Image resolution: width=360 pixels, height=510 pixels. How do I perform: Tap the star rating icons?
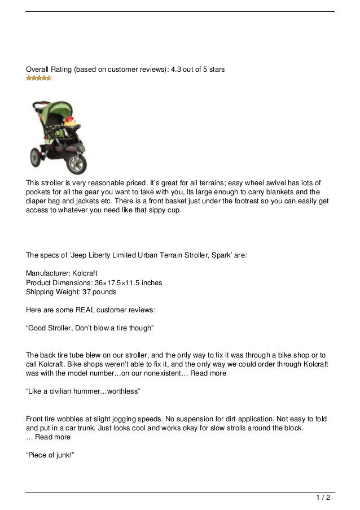39,79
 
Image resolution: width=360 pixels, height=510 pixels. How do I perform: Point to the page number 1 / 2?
323,498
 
